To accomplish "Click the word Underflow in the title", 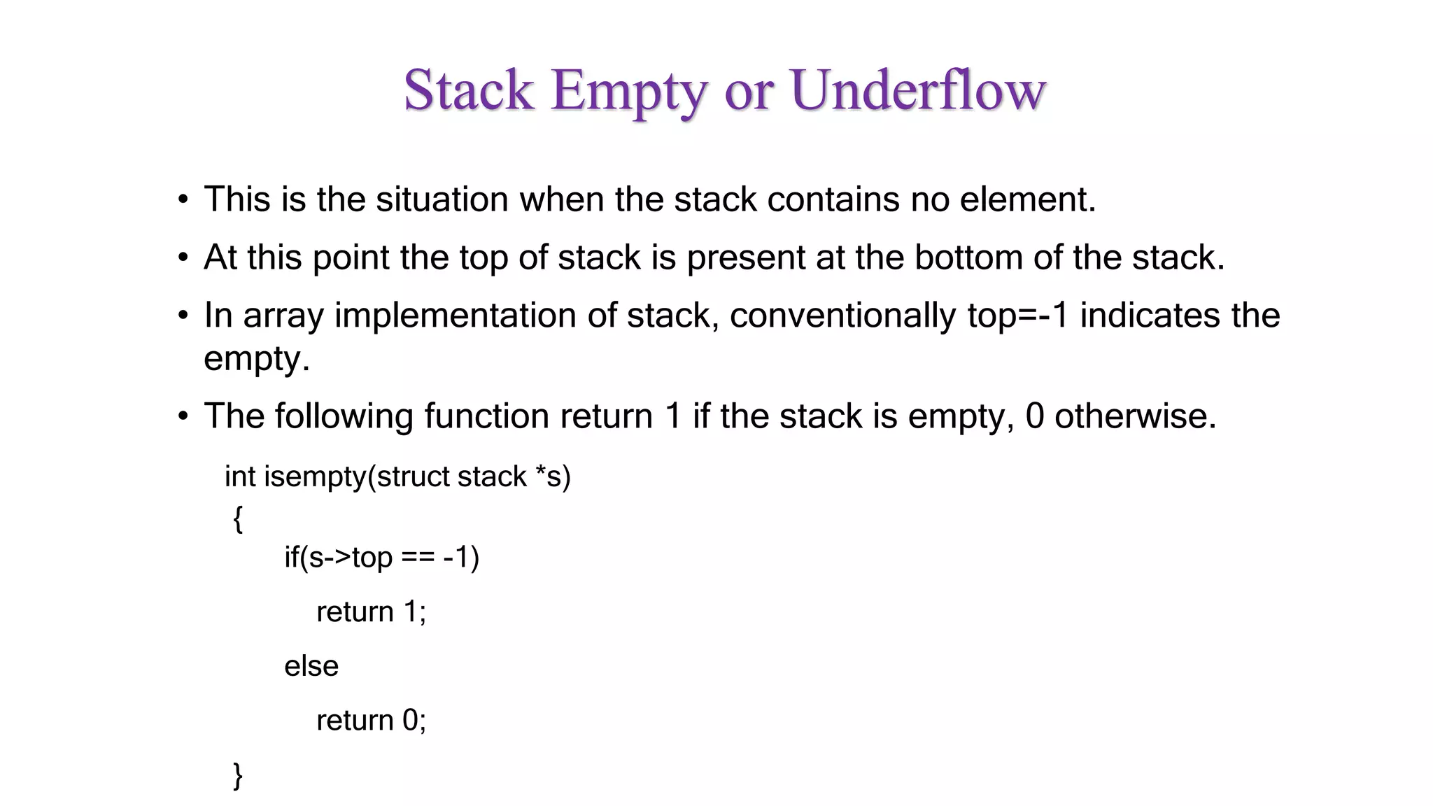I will pyautogui.click(x=918, y=90).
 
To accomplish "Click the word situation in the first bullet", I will pyautogui.click(x=442, y=199).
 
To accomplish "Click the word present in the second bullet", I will pyautogui.click(x=746, y=257).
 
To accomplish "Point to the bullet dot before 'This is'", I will pyautogui.click(x=183, y=200).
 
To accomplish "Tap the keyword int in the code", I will pyautogui.click(x=240, y=476).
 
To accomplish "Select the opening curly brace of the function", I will pyautogui.click(x=238, y=519).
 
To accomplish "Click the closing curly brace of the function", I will pyautogui.click(x=238, y=775).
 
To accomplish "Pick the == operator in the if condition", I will pyautogui.click(x=418, y=558).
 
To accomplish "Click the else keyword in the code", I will pyautogui.click(x=311, y=666).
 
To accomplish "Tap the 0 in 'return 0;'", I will pyautogui.click(x=410, y=721).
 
